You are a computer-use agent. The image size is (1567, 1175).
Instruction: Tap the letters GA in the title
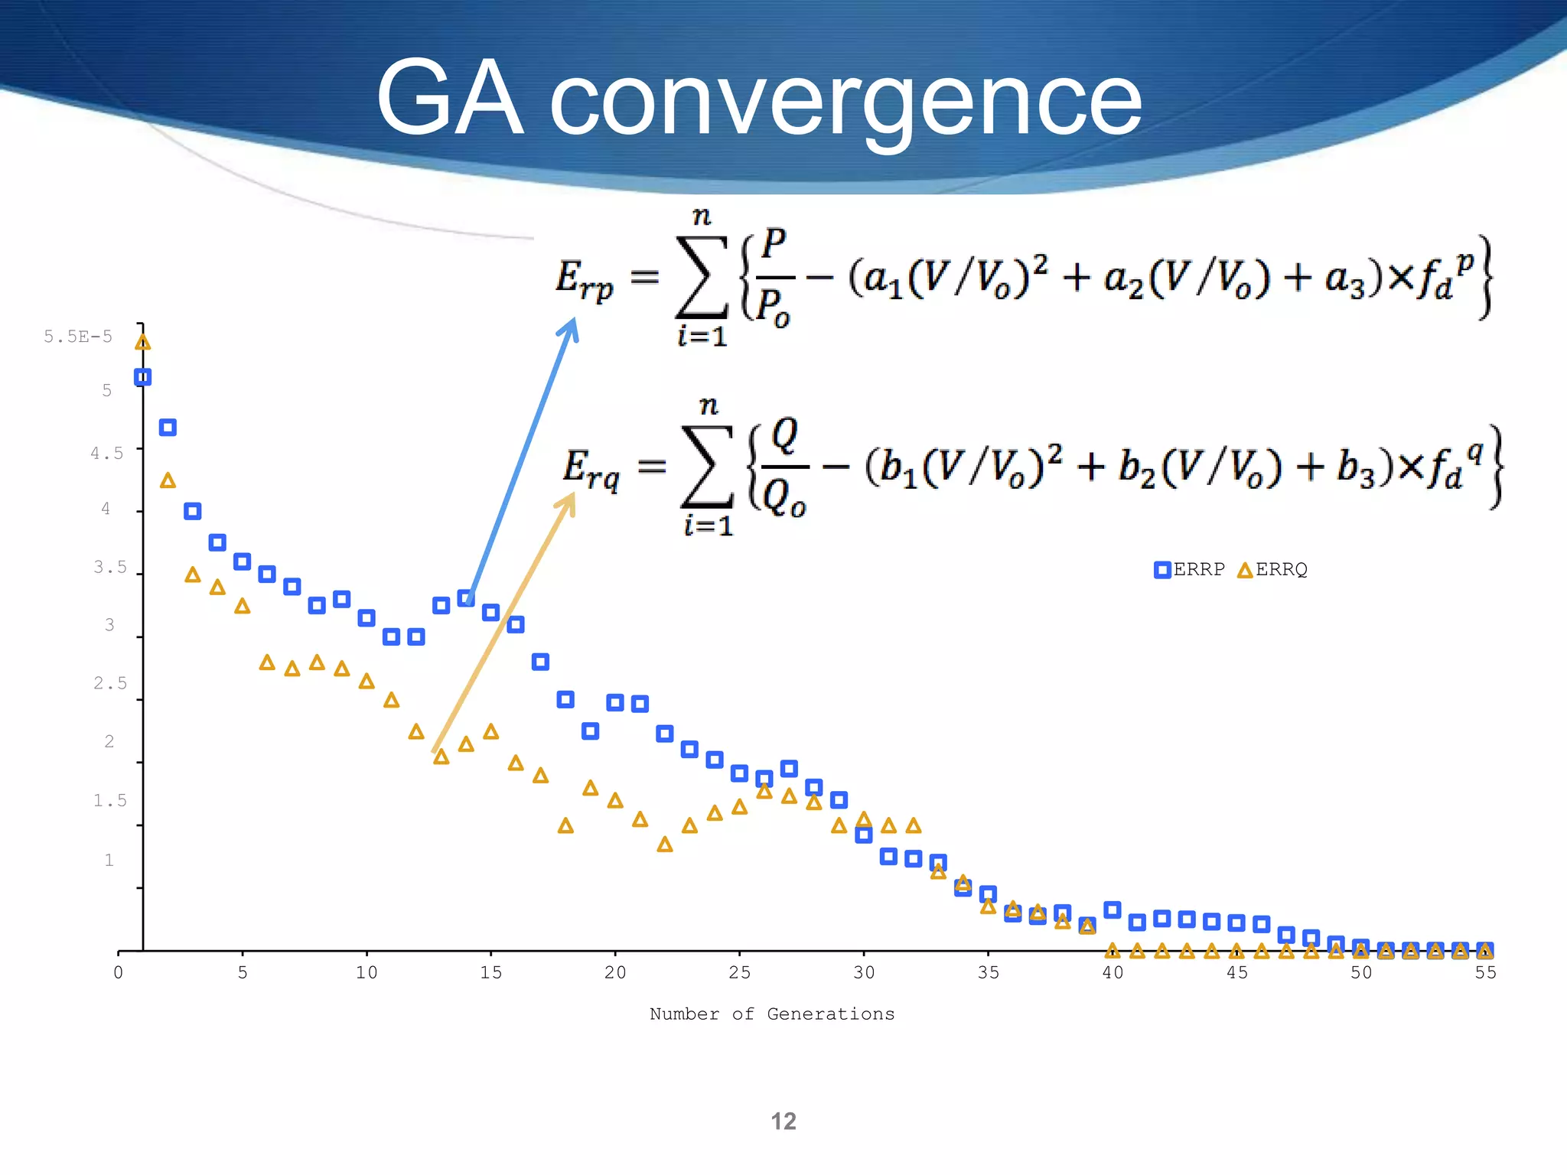[450, 99]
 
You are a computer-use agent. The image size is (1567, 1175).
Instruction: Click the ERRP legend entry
[1190, 570]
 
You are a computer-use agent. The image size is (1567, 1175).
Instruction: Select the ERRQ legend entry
[1273, 570]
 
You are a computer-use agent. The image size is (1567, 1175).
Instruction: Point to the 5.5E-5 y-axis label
[78, 337]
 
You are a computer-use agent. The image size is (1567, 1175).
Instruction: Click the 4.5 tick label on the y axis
[107, 454]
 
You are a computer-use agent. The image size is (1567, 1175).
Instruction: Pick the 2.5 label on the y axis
[110, 683]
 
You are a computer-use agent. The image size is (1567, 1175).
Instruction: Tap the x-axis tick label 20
[615, 972]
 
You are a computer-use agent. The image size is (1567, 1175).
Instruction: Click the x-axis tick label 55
[1485, 972]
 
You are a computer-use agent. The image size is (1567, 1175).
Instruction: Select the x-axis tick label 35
[989, 972]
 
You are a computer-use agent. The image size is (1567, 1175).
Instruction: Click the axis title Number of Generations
[772, 1014]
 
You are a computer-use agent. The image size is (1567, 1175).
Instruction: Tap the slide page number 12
[783, 1121]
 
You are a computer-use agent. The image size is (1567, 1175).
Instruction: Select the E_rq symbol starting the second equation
[591, 468]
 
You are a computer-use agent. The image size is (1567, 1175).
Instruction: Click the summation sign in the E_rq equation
[707, 467]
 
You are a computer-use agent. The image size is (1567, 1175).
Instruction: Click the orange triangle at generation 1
[143, 342]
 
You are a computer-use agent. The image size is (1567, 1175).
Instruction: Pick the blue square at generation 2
[168, 428]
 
